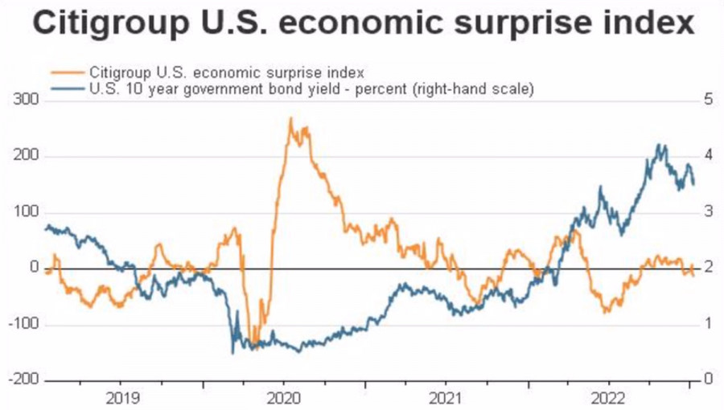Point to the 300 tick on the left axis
point(27,100)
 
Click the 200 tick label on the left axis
point(27,156)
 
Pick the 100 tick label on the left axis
point(27,212)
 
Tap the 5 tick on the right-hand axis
point(707,100)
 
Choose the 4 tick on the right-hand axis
point(707,156)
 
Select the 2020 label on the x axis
point(283,397)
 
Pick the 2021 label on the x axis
point(446,397)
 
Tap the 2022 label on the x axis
point(608,397)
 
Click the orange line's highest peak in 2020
point(290,119)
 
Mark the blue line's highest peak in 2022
point(660,146)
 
